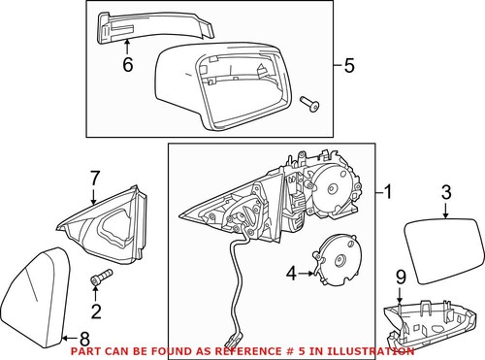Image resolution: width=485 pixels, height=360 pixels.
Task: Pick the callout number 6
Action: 126,67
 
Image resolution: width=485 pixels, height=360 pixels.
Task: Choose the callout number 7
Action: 95,178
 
